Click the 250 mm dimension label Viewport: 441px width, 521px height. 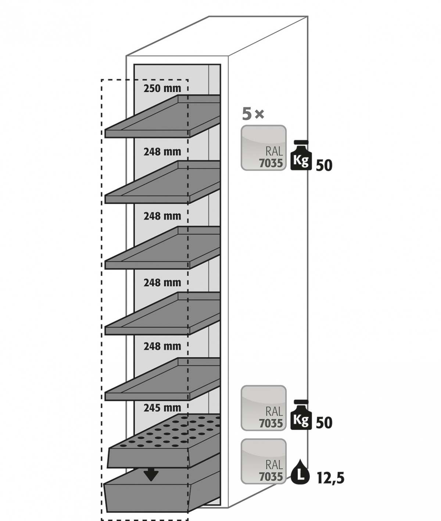click(162, 89)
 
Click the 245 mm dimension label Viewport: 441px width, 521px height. click(162, 408)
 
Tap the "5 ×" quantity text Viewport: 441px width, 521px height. click(253, 115)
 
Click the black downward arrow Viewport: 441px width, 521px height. click(151, 475)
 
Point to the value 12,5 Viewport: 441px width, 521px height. click(330, 479)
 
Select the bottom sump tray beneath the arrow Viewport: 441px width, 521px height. click(154, 495)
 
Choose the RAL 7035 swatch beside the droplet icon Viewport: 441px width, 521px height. click(263, 461)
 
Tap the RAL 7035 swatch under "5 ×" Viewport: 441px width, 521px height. click(263, 148)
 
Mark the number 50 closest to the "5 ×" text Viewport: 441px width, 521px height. click(324, 166)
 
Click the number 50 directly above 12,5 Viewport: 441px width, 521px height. click(324, 423)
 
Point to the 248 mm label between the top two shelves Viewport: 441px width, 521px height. click(162, 151)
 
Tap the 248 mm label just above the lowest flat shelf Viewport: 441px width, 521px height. click(162, 346)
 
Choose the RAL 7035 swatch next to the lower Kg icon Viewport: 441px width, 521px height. click(263, 408)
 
